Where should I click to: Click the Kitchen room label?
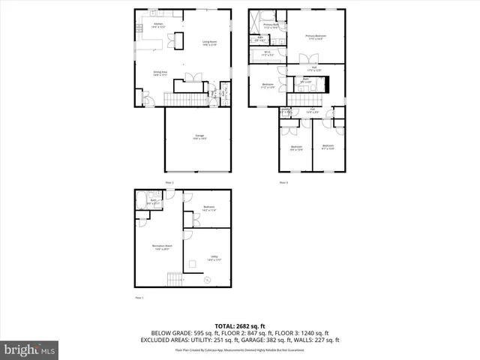pos(158,25)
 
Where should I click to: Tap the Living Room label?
pos(209,43)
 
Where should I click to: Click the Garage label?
pos(199,137)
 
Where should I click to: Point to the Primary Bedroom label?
pos(316,37)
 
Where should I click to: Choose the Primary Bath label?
pos(271,26)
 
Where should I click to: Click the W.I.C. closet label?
pos(267,54)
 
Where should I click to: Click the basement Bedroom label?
pos(209,208)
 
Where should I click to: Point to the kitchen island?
pos(179,39)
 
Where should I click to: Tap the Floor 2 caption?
pos(169,182)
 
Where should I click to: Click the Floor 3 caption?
pos(283,182)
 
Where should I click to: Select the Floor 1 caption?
pos(138,298)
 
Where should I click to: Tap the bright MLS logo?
pos(30,350)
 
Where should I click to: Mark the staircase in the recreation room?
pos(174,279)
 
